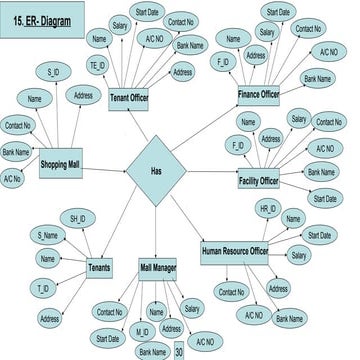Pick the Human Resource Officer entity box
point(235,251)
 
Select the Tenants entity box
point(100,269)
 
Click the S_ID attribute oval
point(52,73)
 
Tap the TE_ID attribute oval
point(98,65)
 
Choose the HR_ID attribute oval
point(268,209)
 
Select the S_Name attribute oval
point(47,235)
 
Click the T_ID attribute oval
point(43,287)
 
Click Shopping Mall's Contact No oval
point(17,127)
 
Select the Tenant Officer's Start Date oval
point(145,12)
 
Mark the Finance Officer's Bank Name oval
point(318,78)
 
